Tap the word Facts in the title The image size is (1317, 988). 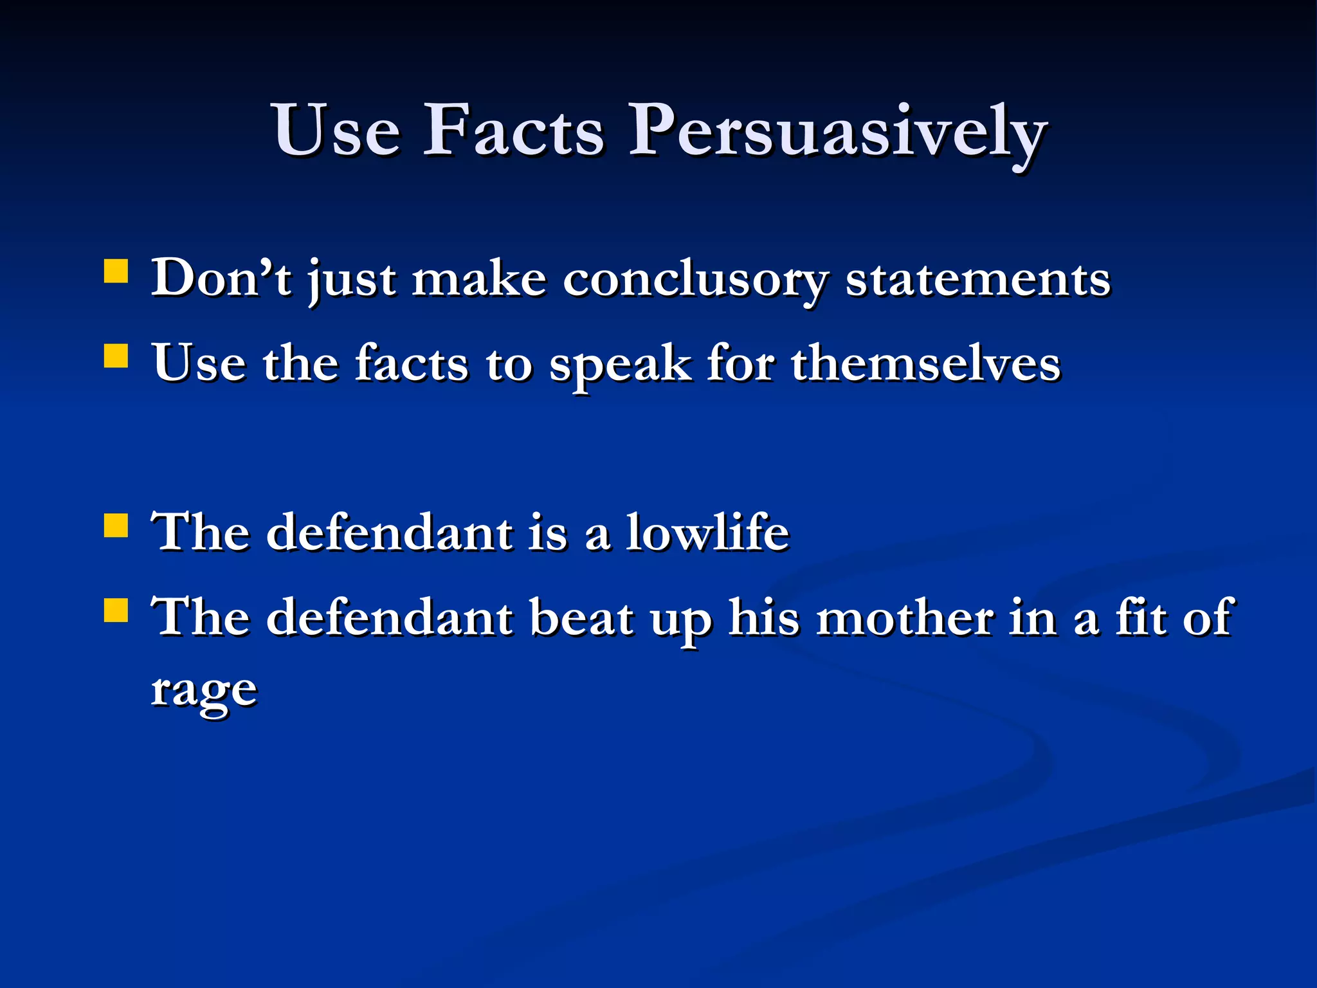[513, 132]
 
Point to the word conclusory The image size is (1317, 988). [695, 280]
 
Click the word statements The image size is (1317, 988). [977, 280]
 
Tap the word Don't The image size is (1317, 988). [221, 278]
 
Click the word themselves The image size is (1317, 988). [925, 364]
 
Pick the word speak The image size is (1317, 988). [621, 365]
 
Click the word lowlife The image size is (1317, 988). [707, 533]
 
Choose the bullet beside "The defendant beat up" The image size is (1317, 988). [116, 610]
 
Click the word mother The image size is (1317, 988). [905, 617]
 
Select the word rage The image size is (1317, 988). [204, 691]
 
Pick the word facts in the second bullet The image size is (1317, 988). [412, 364]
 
